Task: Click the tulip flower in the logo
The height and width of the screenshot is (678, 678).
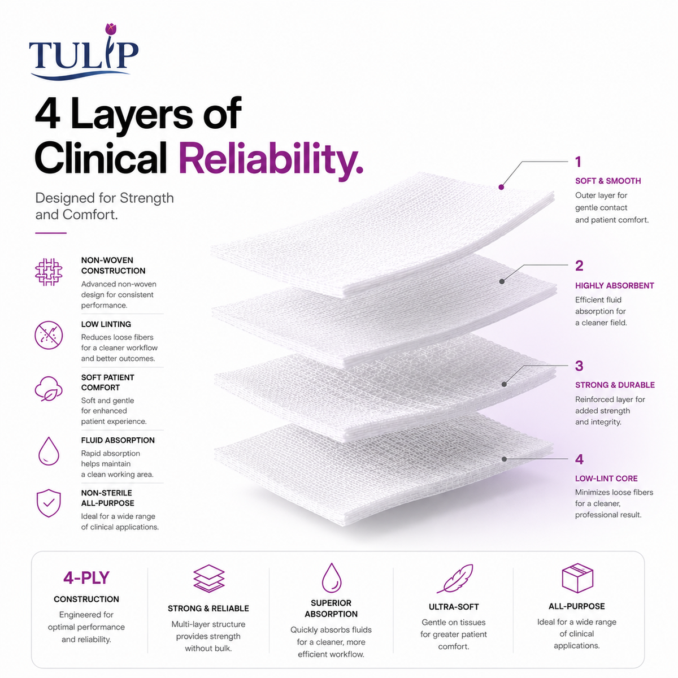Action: tap(111, 29)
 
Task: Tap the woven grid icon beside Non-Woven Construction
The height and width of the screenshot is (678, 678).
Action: tap(49, 272)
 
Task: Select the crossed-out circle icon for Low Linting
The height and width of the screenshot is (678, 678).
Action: tap(49, 335)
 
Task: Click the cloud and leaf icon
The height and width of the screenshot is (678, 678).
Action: tap(49, 389)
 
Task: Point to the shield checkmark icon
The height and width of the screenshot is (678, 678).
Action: tap(49, 503)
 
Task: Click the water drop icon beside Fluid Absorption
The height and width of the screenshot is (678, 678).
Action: tap(49, 451)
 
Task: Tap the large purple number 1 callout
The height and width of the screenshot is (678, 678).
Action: tap(578, 162)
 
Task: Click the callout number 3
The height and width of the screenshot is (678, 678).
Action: tap(579, 366)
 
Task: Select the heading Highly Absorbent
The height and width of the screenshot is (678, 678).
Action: tap(614, 285)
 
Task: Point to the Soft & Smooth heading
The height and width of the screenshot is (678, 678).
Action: tap(608, 181)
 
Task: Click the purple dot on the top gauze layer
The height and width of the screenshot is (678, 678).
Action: tap(501, 187)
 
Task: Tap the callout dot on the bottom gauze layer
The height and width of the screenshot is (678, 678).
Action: tap(504, 459)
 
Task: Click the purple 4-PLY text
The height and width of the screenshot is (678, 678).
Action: tap(86, 578)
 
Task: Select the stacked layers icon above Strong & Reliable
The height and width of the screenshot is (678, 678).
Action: tap(208, 579)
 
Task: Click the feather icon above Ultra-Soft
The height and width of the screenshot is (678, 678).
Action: tap(455, 579)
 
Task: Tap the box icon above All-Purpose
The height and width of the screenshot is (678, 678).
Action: tap(577, 578)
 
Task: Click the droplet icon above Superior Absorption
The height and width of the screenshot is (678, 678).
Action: tap(332, 578)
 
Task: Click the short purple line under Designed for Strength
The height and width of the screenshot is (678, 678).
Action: tap(51, 233)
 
